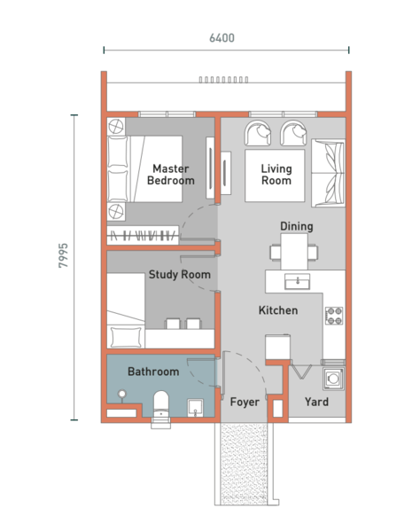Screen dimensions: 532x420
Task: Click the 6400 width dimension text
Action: pyautogui.click(x=222, y=38)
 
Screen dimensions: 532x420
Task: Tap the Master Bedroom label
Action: pyautogui.click(x=171, y=175)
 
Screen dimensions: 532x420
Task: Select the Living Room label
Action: pyautogui.click(x=276, y=175)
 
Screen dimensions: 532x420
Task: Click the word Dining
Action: pyautogui.click(x=296, y=227)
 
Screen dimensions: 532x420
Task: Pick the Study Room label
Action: pyautogui.click(x=179, y=275)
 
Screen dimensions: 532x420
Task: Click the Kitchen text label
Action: pyautogui.click(x=277, y=311)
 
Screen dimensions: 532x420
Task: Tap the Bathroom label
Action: pyautogui.click(x=152, y=372)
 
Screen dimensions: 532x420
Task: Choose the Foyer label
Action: pyautogui.click(x=245, y=403)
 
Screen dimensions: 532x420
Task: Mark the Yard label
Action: pyautogui.click(x=316, y=403)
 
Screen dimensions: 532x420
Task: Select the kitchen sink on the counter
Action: pyautogui.click(x=298, y=281)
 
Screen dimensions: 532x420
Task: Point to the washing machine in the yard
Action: pyautogui.click(x=333, y=379)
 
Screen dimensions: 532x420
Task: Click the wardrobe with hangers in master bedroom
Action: pyautogui.click(x=144, y=235)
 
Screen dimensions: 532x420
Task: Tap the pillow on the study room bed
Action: pyautogui.click(x=125, y=336)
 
